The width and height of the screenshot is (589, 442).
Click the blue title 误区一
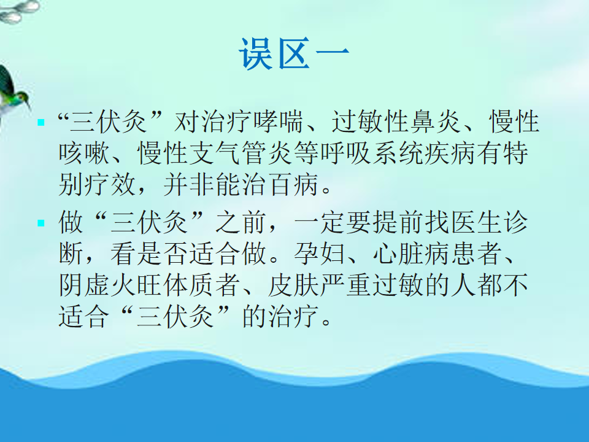294,53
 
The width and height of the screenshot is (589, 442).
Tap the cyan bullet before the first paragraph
41,123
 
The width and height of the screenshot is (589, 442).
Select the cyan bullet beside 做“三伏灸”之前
41,223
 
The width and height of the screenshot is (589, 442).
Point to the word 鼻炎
436,122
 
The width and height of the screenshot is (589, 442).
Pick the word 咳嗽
84,153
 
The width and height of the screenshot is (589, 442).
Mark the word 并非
189,184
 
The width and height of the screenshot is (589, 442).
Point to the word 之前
241,222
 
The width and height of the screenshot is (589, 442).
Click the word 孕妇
320,254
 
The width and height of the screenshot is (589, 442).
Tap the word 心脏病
411,254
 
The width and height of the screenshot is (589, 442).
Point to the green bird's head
22,98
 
